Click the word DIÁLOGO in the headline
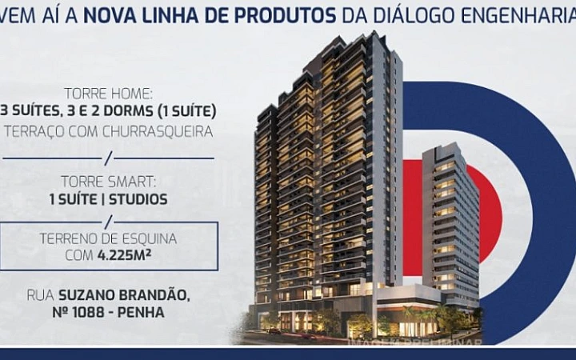click(432, 14)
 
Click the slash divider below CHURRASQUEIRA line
click(109, 156)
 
